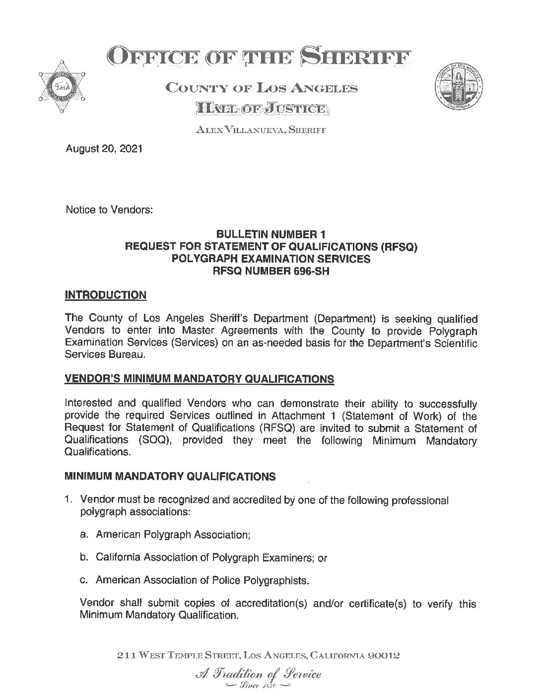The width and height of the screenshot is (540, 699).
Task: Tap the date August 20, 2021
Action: click(104, 148)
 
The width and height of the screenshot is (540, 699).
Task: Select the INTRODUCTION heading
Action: click(106, 295)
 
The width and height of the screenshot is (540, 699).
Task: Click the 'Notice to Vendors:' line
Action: click(109, 210)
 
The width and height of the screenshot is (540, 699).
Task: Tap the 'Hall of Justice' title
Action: click(261, 109)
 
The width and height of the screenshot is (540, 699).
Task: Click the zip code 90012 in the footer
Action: click(382, 656)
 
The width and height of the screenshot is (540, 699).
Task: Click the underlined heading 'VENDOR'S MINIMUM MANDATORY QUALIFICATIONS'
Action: click(200, 380)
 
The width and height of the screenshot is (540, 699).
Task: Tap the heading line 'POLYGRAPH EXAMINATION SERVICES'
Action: click(270, 259)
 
